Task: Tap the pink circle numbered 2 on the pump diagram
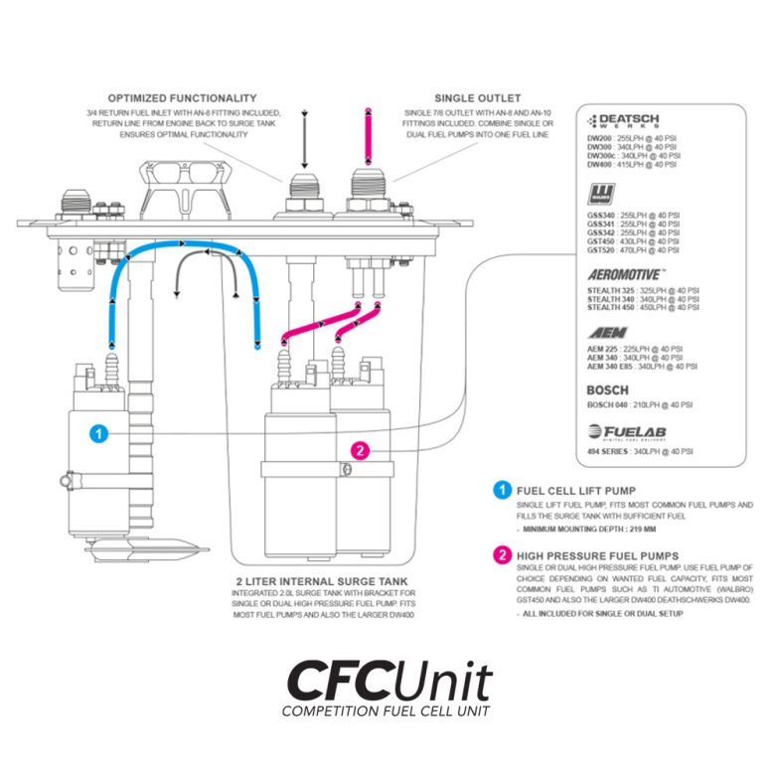point(361,450)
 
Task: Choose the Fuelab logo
point(628,431)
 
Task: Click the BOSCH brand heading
point(607,390)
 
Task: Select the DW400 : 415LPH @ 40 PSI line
point(634,166)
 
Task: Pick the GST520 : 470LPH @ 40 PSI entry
point(634,251)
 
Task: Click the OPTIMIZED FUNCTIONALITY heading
point(182,98)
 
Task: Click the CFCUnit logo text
point(388,682)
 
